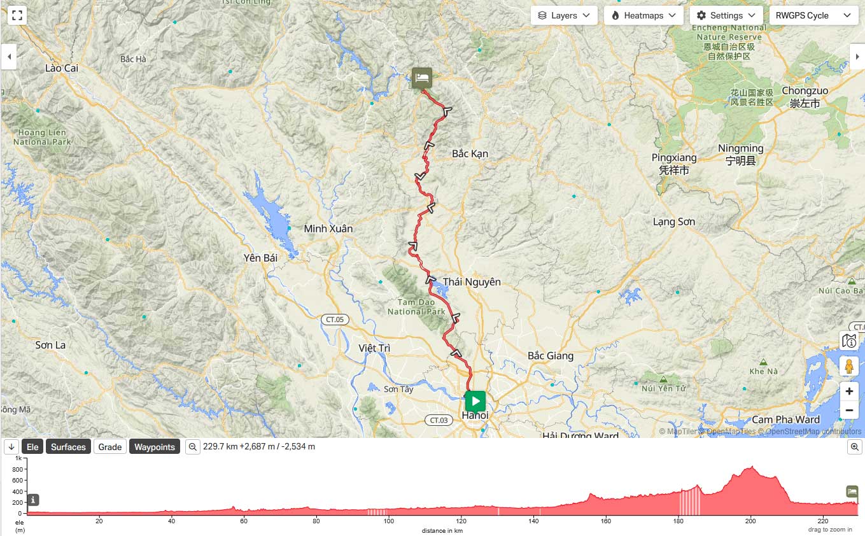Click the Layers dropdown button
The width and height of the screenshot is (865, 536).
coord(563,15)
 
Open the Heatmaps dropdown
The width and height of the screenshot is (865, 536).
coord(643,15)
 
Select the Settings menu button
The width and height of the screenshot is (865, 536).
coord(726,15)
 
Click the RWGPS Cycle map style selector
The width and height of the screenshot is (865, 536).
coord(813,15)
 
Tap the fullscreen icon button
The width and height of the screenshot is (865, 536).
coord(17,15)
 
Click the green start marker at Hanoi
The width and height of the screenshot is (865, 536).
coord(475,401)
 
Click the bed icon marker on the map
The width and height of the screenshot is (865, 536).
coord(421,78)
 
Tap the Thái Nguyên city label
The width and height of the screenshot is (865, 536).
coord(472,281)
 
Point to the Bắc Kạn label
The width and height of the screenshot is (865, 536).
coord(470,153)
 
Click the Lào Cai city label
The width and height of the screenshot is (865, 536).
coord(62,67)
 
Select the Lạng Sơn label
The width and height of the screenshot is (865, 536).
coord(674,222)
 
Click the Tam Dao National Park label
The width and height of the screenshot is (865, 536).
coord(416,307)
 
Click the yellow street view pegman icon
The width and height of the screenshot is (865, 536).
coord(848,366)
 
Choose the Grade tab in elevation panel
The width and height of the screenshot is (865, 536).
coord(109,447)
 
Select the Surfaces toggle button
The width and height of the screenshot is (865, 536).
coord(68,447)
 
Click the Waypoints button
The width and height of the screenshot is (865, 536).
coord(154,447)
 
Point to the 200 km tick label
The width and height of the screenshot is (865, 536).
coord(751,521)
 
